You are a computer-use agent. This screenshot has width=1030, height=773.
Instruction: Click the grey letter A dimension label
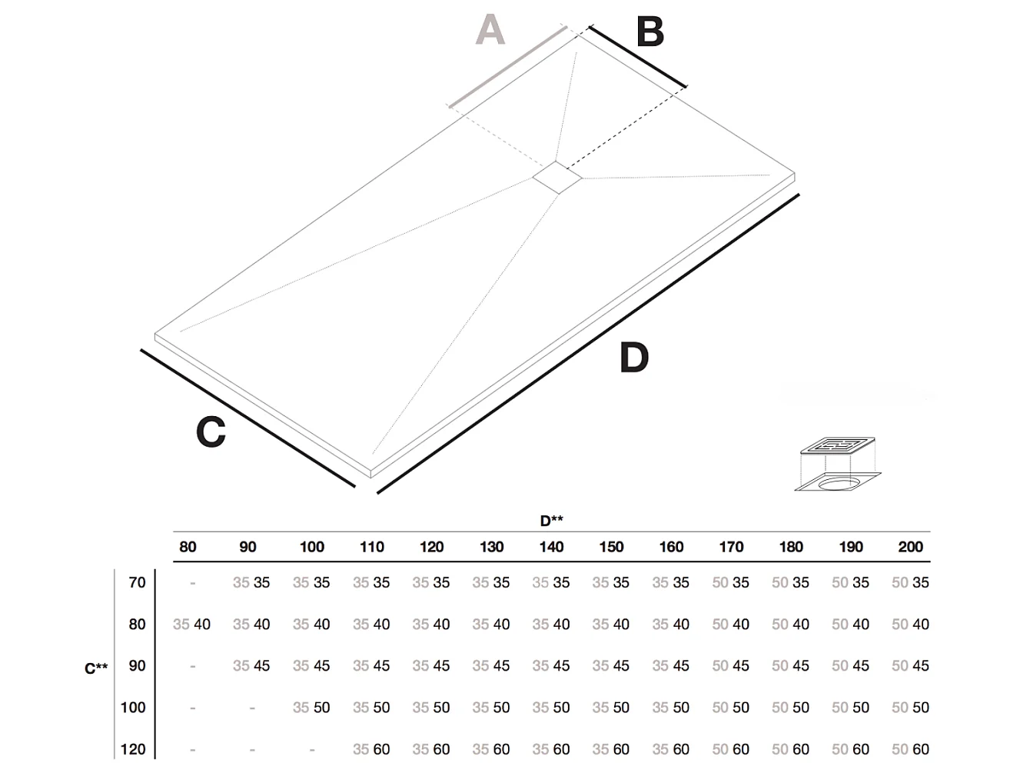coord(490,31)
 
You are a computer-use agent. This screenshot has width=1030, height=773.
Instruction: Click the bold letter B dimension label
coord(650,33)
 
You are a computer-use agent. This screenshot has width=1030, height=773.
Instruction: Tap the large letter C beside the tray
coord(211,432)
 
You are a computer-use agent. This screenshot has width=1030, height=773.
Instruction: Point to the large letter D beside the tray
coord(634,358)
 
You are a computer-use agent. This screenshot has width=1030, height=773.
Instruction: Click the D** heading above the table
coord(551,521)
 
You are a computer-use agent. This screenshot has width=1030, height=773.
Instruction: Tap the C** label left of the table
coord(96,668)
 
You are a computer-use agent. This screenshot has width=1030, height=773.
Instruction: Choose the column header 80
coord(188,547)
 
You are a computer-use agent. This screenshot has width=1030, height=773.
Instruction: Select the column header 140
coord(551,547)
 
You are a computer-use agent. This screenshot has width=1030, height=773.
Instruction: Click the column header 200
coord(910,547)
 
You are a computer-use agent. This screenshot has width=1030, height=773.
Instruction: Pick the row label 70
coord(137,582)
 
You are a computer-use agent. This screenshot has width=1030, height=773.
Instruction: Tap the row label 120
coord(133,748)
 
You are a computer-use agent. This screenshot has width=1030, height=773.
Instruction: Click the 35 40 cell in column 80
coord(191,624)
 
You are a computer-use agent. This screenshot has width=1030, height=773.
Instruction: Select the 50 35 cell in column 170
coord(730,582)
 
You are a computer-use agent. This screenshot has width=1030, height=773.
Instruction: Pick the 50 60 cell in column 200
coord(910,748)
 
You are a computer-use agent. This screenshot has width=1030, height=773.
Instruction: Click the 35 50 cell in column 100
coord(311,707)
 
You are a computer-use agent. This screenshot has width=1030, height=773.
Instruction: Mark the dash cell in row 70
coord(192,583)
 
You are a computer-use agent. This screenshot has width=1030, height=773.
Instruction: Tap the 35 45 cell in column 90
coord(251,665)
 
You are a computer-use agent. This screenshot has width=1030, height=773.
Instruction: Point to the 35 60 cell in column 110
coord(371,748)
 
